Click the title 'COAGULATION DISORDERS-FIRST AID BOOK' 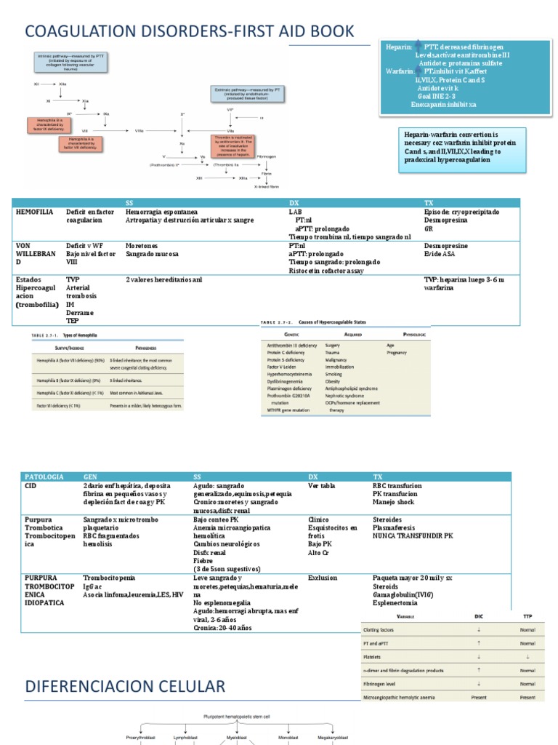190,31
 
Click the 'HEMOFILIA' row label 34,212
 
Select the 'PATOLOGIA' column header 45,477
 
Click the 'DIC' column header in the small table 478,615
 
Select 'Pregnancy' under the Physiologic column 397,352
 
